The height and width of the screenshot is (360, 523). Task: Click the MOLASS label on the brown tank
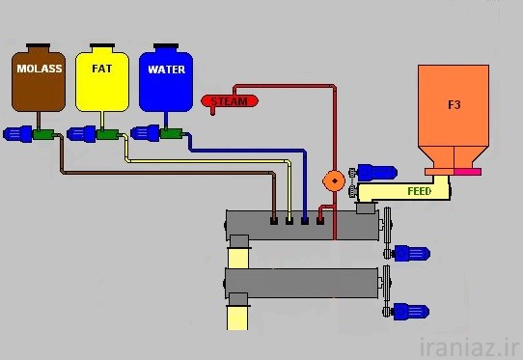pos(40,69)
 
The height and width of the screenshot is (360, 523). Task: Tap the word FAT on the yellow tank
pos(101,69)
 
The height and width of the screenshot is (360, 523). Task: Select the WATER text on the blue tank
pos(166,69)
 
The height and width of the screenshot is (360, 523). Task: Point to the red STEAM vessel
pos(230,100)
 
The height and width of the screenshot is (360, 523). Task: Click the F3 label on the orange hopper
pos(454,105)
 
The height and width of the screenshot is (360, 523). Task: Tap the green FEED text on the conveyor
pos(419,191)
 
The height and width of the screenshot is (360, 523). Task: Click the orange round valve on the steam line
pos(334,180)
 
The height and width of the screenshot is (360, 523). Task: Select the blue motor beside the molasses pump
pos(17,134)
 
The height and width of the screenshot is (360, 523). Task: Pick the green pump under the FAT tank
pos(108,135)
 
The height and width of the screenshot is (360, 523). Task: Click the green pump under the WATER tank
pos(172,133)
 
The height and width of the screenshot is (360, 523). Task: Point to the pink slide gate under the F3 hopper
pos(467,172)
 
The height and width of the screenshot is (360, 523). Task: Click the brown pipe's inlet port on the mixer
pos(273,221)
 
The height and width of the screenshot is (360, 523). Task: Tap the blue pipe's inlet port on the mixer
pos(305,221)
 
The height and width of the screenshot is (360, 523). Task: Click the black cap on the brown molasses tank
pos(38,45)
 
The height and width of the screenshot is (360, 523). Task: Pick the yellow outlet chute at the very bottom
pos(237,318)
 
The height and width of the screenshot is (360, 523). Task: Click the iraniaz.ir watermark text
pos(469,347)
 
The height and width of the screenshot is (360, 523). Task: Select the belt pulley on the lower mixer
pos(387,291)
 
